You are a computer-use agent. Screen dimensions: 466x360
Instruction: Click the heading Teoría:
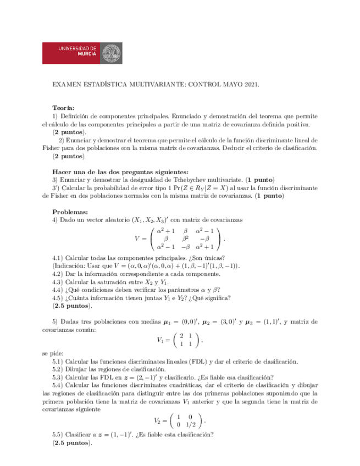63,108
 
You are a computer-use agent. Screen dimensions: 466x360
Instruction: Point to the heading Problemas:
69,212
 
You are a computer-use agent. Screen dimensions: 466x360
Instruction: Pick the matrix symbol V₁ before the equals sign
160,340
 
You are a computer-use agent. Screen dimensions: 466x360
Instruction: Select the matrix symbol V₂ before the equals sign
159,421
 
